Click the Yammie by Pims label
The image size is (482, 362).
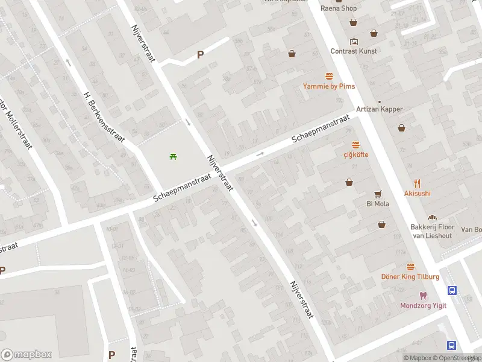pyautogui.click(x=329, y=86)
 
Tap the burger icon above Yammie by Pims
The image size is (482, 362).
pyautogui.click(x=329, y=76)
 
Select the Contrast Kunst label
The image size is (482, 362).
pyautogui.click(x=354, y=51)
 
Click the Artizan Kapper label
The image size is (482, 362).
pyautogui.click(x=379, y=109)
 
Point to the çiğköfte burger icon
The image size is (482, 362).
pyautogui.click(x=356, y=145)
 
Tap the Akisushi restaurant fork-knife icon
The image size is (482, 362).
pyautogui.click(x=417, y=183)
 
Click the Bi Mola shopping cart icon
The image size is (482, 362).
pyautogui.click(x=378, y=194)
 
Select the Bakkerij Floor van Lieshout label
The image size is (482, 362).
pyautogui.click(x=432, y=231)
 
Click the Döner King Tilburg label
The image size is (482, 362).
pyautogui.click(x=410, y=276)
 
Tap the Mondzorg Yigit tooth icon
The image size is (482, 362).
pyautogui.click(x=424, y=296)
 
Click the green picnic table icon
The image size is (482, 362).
pyautogui.click(x=174, y=157)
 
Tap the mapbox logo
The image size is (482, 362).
pyautogui.click(x=27, y=355)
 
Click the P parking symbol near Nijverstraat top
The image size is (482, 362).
pyautogui.click(x=201, y=54)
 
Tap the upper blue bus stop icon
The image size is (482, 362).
pyautogui.click(x=452, y=290)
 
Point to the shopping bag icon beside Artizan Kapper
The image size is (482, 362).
pyautogui.click(x=402, y=127)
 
